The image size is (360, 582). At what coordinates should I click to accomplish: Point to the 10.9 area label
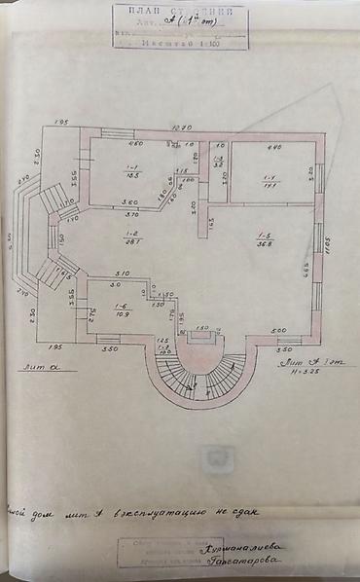(122, 315)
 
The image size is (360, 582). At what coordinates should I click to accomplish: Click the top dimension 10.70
(182, 127)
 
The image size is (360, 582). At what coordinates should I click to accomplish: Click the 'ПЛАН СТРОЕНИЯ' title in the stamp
(180, 12)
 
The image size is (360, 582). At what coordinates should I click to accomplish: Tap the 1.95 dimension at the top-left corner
(60, 122)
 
